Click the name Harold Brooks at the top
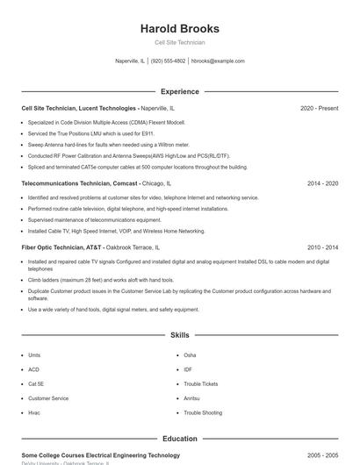coord(179,29)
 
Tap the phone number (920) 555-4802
coord(168,61)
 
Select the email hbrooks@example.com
coord(218,61)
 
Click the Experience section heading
coord(179,91)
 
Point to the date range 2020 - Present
coord(319,108)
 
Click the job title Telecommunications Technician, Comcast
coord(80,183)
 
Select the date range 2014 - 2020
coord(322,183)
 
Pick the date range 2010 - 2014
coord(322,247)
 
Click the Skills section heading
coord(179,335)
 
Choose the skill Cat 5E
coord(36,383)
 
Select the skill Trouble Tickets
coord(201,383)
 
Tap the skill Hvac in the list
coord(34,412)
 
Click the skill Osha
coord(190,355)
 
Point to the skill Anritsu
coord(191,398)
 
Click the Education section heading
coord(179,439)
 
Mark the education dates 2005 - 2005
coord(322,455)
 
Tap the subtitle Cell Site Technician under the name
coord(179,42)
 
